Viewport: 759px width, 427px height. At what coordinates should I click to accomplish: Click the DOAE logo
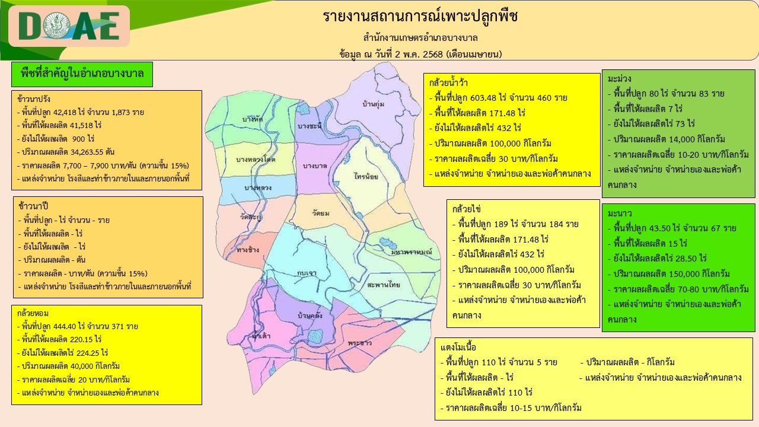tap(69, 26)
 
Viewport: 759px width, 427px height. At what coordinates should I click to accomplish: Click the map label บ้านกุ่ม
tap(374, 104)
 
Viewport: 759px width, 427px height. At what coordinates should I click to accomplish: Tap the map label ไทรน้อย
tap(366, 176)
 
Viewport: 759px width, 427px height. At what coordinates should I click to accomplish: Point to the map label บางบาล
tap(315, 166)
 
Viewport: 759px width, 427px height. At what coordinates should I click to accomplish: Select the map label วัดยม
tap(321, 213)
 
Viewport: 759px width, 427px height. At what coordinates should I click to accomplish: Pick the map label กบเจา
tap(307, 273)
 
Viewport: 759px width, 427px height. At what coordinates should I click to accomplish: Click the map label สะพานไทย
tap(384, 285)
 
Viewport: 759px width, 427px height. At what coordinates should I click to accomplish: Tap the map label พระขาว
tap(360, 343)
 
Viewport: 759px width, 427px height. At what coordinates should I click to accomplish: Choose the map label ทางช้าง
tap(248, 250)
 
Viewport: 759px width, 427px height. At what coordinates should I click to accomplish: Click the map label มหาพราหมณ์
tap(412, 252)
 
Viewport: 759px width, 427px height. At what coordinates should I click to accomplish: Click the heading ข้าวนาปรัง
tap(34, 99)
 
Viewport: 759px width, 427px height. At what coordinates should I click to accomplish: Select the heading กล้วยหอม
tap(33, 313)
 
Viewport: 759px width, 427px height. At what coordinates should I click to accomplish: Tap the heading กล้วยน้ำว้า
tap(448, 83)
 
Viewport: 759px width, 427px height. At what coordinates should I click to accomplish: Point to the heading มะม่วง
tap(620, 79)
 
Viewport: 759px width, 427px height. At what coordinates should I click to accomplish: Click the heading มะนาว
tap(620, 213)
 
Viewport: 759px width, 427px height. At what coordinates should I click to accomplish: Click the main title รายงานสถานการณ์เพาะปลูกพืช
tap(420, 16)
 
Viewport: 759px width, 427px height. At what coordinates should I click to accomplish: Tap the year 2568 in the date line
tap(433, 54)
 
